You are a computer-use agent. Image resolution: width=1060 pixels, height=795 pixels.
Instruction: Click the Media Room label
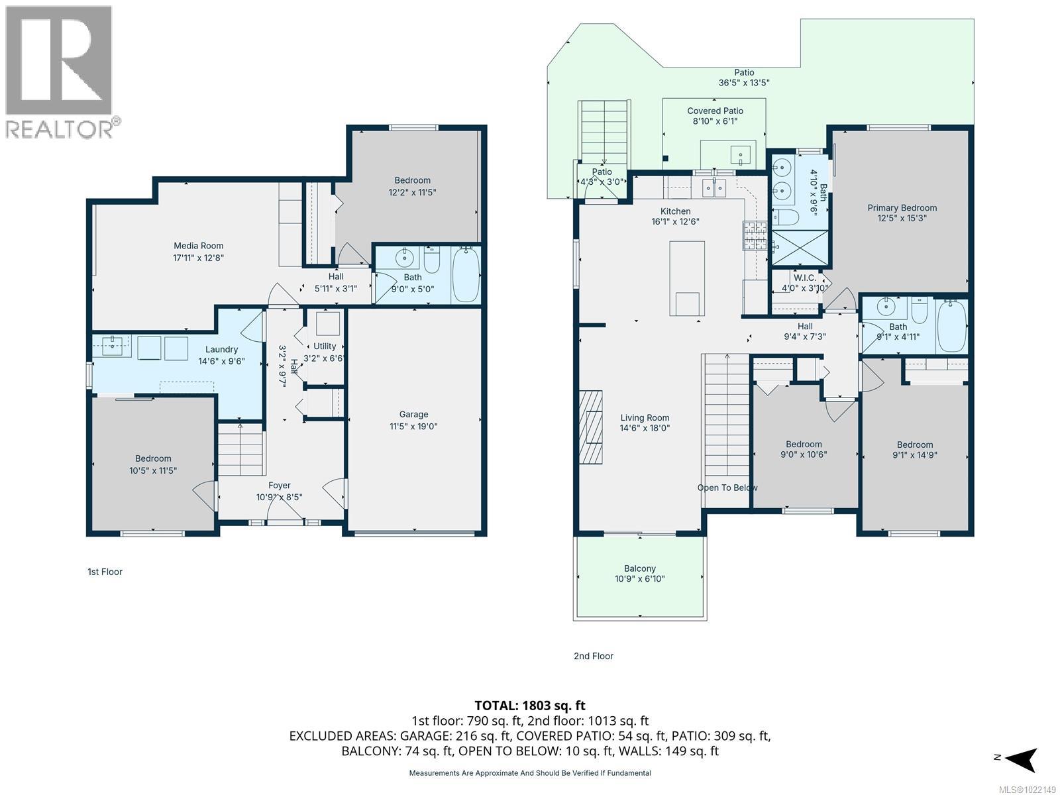(198, 246)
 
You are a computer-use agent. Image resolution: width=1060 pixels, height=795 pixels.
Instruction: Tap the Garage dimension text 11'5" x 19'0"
(413, 427)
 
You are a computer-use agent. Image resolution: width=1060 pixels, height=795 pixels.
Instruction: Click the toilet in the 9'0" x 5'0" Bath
(432, 261)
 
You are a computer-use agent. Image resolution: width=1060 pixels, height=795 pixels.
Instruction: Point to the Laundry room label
(221, 350)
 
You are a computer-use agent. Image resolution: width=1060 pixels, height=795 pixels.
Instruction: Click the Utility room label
(325, 346)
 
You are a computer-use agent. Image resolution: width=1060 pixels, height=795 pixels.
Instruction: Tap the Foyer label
(280, 486)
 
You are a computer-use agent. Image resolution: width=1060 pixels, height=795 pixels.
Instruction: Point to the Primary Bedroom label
(902, 208)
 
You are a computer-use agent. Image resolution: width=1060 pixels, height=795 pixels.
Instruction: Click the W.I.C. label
(805, 278)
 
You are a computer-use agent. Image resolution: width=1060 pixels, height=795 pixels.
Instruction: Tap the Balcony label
(639, 568)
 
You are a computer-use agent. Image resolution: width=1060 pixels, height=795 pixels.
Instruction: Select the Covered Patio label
(715, 111)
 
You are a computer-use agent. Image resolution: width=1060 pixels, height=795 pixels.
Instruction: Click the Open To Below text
(727, 488)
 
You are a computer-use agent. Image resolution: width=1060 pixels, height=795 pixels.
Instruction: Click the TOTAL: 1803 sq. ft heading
(530, 706)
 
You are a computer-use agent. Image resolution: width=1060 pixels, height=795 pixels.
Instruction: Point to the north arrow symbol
(1022, 759)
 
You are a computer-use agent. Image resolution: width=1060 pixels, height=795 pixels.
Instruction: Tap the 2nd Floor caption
(594, 656)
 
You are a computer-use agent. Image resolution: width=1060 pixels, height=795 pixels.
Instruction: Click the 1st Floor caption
(105, 572)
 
